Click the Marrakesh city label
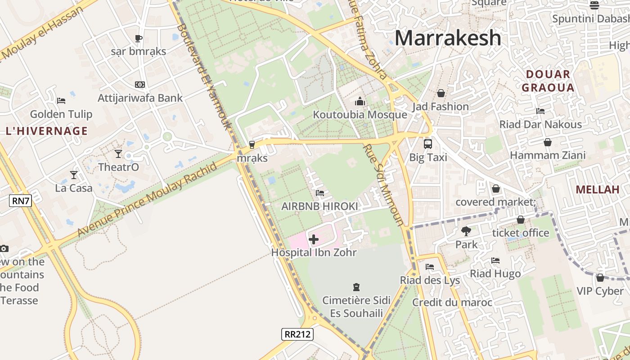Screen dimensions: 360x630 point(448,38)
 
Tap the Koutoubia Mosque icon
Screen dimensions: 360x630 point(360,102)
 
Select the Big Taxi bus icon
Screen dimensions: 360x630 point(427,144)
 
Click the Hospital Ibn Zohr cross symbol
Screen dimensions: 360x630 point(314,239)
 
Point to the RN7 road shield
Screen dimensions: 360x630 point(21,201)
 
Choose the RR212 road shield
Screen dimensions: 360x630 point(297,334)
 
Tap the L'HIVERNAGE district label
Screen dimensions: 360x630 point(47,131)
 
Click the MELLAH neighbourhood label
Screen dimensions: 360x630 point(598,189)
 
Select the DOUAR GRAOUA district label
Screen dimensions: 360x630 point(548,81)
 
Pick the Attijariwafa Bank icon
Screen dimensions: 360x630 point(140,85)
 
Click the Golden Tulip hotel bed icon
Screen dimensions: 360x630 point(61,101)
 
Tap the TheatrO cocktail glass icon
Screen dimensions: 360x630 point(118,154)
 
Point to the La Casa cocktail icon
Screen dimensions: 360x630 point(74,175)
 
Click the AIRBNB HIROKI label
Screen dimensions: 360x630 point(319,206)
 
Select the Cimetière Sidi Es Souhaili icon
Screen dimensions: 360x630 point(356,287)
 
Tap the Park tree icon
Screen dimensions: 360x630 point(466,231)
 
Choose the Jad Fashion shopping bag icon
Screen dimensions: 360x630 point(441,93)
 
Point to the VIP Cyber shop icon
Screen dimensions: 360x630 point(600,278)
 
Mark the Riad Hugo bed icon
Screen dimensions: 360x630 point(495,261)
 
